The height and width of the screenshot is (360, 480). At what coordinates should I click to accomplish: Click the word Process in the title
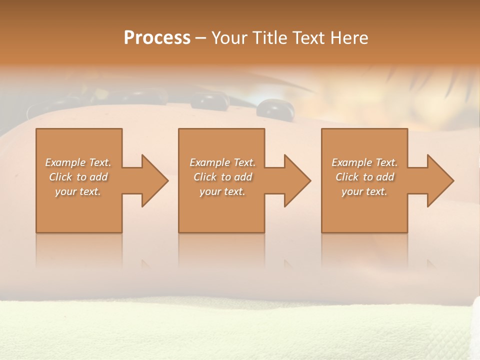coord(157,38)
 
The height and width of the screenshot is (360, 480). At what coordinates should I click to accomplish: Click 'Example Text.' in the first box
coord(78,162)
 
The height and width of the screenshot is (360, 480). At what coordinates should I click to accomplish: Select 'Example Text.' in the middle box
coord(222,162)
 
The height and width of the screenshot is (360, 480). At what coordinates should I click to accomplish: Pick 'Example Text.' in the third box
coord(364,162)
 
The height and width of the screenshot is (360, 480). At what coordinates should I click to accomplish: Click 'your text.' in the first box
coord(78,191)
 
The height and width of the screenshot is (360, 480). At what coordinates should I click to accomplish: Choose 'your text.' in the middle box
coord(222,191)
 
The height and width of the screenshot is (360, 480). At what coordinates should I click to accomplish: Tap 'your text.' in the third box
coord(364,191)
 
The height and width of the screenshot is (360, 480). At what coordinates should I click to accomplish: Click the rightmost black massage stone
coord(270,107)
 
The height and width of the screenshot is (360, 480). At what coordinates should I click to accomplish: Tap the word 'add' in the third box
coord(385,177)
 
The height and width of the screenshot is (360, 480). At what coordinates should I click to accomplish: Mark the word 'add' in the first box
coord(98,177)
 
